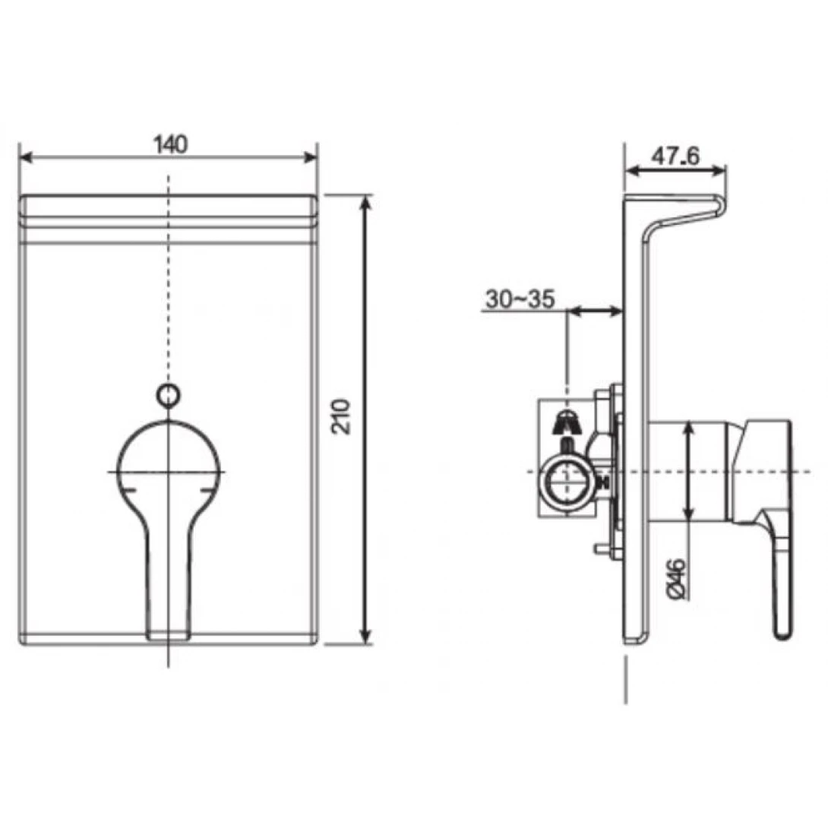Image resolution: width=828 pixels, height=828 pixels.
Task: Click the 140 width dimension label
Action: pyautogui.click(x=170, y=144)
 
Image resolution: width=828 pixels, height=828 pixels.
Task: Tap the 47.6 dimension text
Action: pyautogui.click(x=675, y=156)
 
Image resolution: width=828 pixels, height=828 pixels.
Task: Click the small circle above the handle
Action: pyautogui.click(x=168, y=395)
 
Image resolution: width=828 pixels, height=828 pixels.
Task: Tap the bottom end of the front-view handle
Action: pyautogui.click(x=168, y=634)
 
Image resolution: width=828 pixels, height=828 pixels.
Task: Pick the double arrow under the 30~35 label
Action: pyautogui.click(x=595, y=310)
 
